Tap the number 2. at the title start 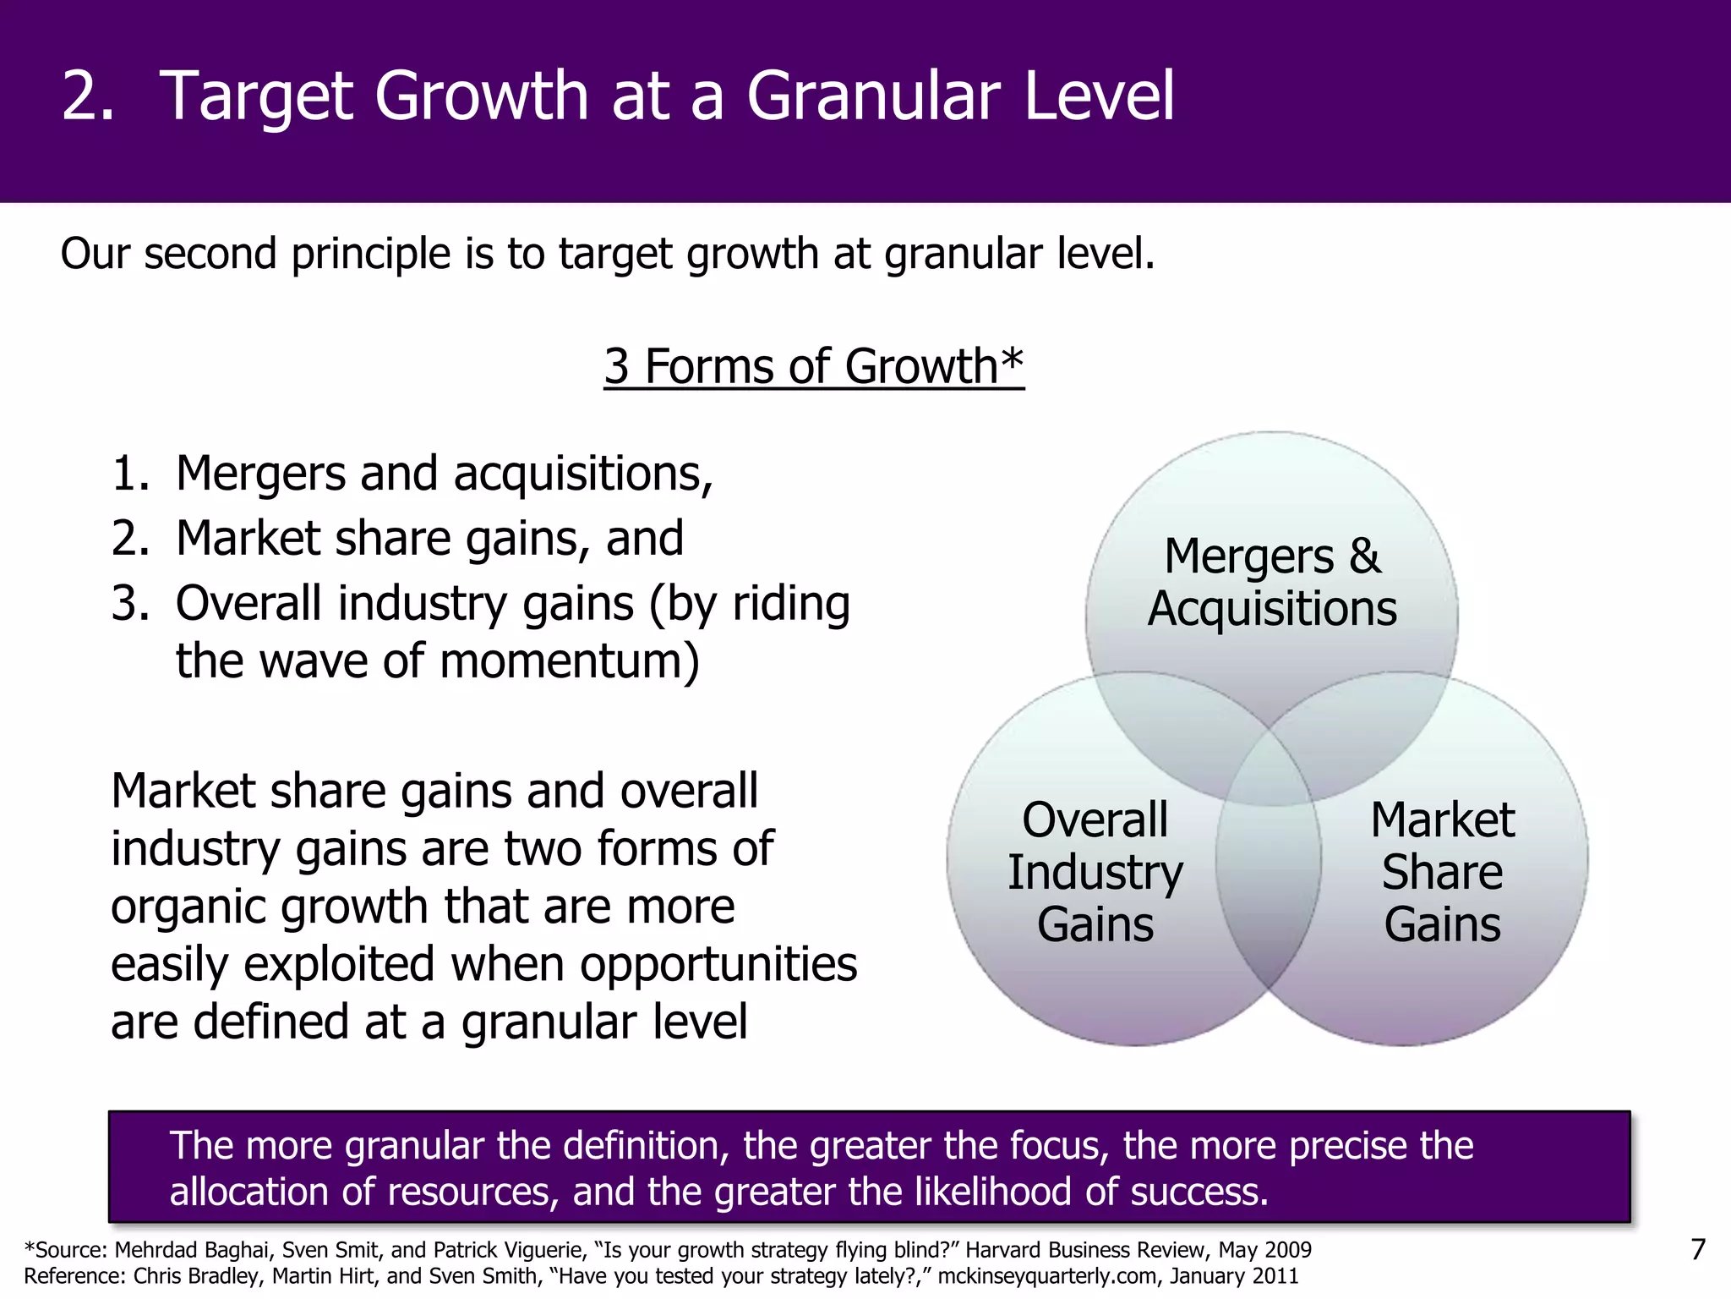tap(88, 96)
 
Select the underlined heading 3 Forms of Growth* tap(813, 366)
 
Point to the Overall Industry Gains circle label tap(1095, 872)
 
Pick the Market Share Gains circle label tap(1442, 872)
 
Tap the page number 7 tap(1697, 1249)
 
